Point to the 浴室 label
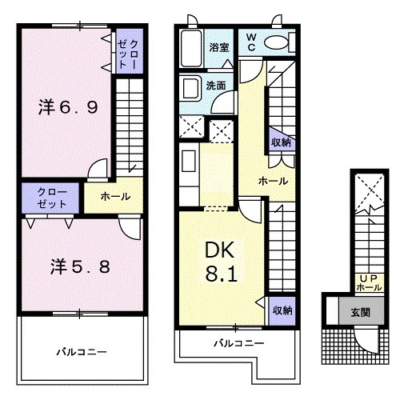coord(219,47)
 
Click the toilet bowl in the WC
coord(275,42)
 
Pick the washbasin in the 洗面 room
coord(192,86)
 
